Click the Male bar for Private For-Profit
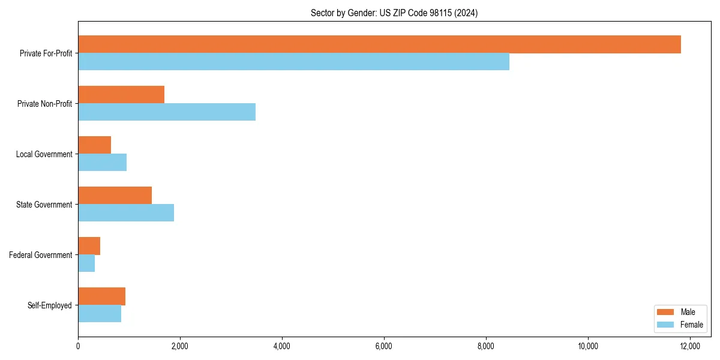click(x=379, y=44)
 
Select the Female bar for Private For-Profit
click(x=293, y=62)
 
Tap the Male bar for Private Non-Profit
click(x=121, y=95)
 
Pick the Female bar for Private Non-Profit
click(x=167, y=112)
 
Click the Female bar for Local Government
click(x=102, y=163)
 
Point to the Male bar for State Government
click(x=115, y=196)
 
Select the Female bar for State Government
click(x=126, y=213)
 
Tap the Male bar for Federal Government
click(x=89, y=246)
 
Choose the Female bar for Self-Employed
click(x=100, y=314)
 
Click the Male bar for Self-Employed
click(x=101, y=296)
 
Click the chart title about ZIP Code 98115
click(x=394, y=13)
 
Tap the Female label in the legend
click(x=691, y=325)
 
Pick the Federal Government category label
click(x=41, y=255)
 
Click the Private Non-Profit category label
click(x=44, y=104)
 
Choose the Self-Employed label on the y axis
click(x=50, y=305)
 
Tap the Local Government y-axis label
click(x=44, y=154)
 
